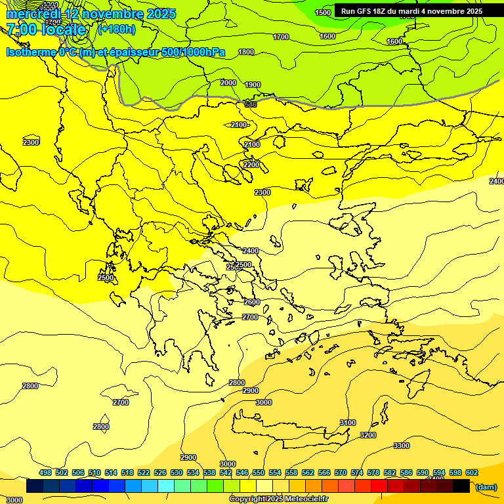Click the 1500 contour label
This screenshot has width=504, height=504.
click(323, 12)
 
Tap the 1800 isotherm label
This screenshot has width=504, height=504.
click(246, 52)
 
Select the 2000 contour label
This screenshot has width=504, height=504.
click(228, 83)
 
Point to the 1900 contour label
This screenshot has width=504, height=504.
click(253, 85)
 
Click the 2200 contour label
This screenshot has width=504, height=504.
click(251, 164)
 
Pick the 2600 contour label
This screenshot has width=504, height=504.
click(252, 302)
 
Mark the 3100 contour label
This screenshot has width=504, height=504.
click(348, 423)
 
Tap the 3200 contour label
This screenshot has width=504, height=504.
click(368, 435)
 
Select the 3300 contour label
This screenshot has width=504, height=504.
click(402, 446)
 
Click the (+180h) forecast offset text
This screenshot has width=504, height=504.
click(117, 29)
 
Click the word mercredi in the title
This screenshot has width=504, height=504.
click(33, 14)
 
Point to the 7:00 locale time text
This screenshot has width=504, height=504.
click(46, 30)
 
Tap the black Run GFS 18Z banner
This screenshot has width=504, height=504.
click(411, 10)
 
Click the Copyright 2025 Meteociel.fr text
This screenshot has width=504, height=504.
click(279, 499)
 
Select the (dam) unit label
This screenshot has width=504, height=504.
click(486, 487)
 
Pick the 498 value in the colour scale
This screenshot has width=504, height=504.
click(45, 472)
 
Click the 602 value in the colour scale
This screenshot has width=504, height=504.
click(472, 472)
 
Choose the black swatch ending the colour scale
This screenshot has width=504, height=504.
click(461, 486)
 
